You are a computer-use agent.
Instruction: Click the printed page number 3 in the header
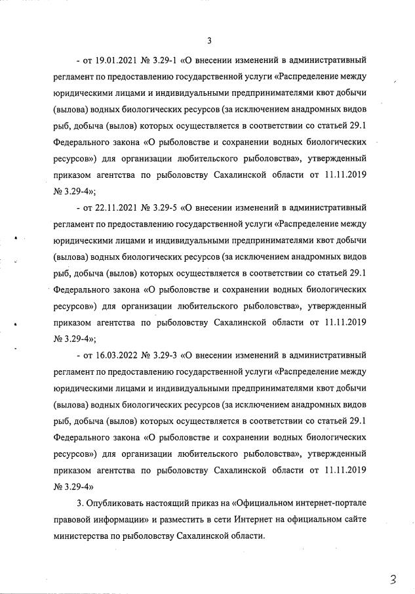pyautogui.click(x=208, y=41)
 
